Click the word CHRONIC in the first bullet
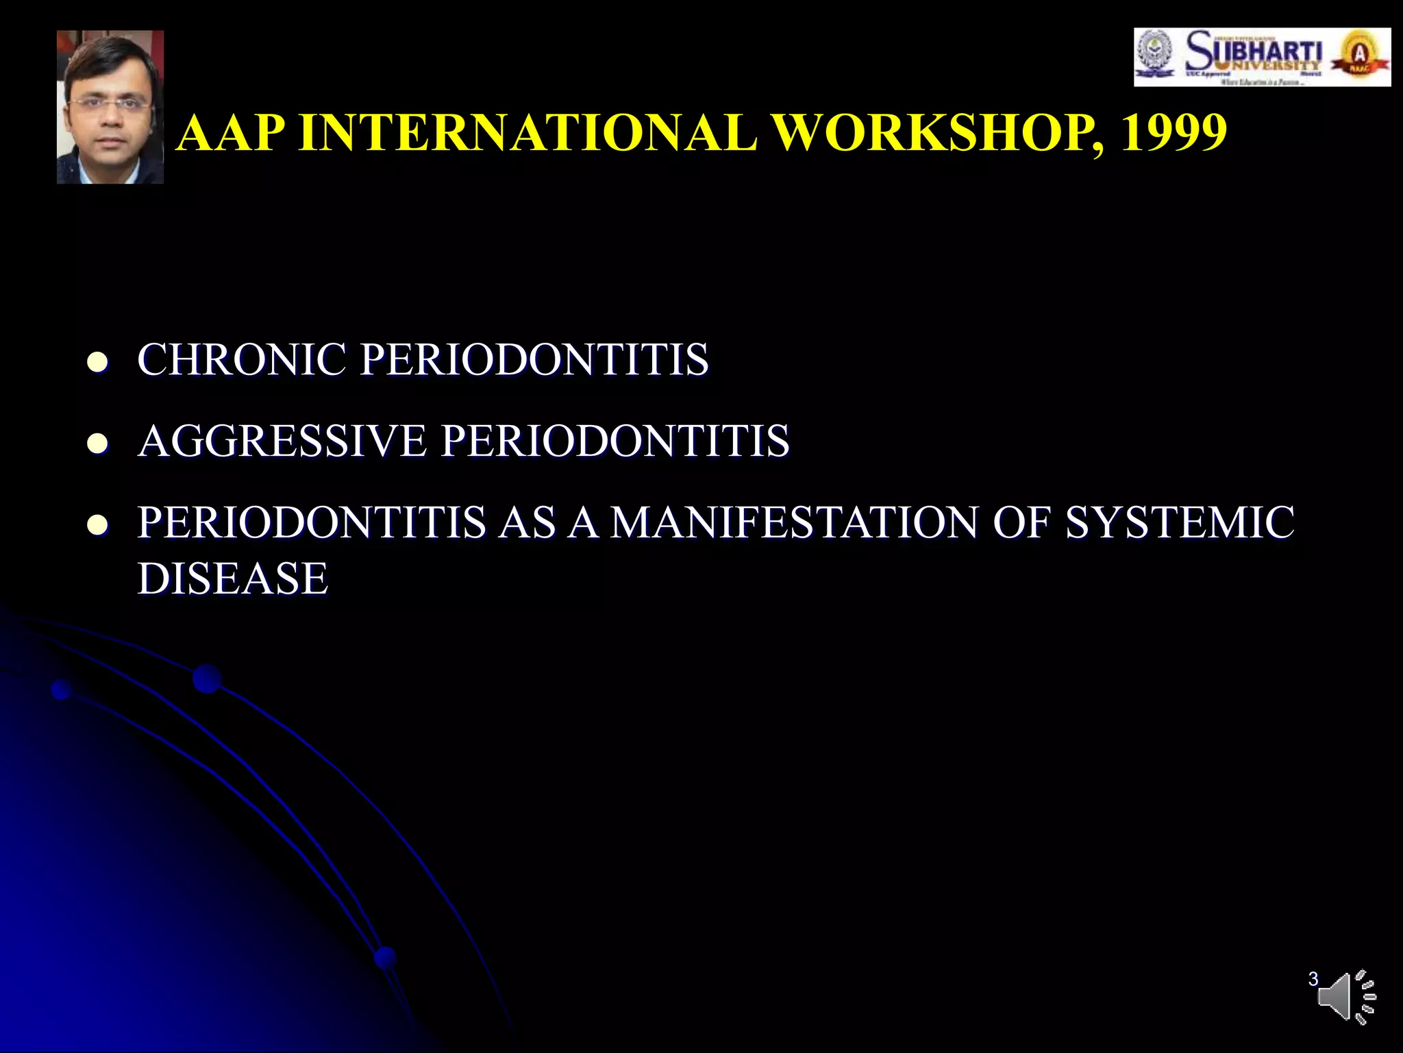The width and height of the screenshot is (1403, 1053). [x=242, y=359]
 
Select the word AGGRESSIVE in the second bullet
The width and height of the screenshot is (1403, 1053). [x=282, y=440]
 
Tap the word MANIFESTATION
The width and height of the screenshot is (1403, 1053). [x=795, y=522]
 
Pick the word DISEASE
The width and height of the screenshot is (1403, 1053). [x=233, y=578]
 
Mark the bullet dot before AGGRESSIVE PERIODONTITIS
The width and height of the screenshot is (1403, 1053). [x=98, y=443]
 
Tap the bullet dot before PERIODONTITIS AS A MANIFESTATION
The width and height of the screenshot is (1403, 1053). [x=98, y=525]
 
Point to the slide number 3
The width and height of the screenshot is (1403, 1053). [x=1313, y=979]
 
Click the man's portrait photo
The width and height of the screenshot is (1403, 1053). [x=110, y=107]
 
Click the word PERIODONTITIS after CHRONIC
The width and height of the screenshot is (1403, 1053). [x=534, y=359]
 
